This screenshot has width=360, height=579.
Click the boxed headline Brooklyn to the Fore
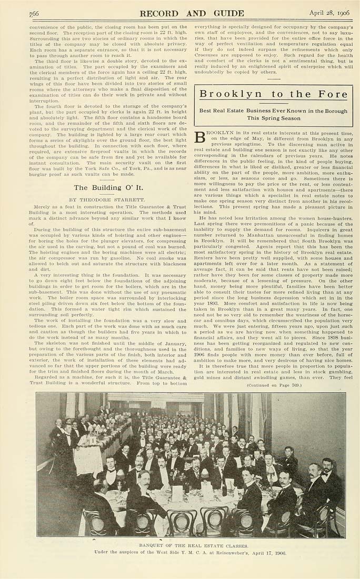[x=274, y=94]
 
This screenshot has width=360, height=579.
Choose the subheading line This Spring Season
[x=274, y=118]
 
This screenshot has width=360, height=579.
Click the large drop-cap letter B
[x=201, y=138]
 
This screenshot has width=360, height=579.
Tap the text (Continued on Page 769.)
[x=273, y=385]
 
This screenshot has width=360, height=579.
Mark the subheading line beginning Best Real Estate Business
[x=274, y=111]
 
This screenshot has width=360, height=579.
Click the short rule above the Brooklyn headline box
[x=273, y=78]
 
